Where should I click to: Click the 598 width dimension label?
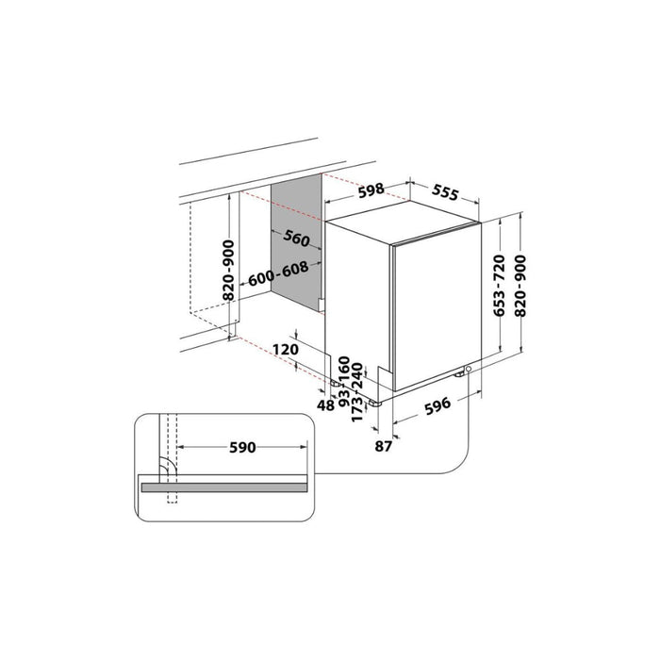click(371, 190)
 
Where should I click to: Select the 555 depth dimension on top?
click(444, 193)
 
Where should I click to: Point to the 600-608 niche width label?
click(279, 279)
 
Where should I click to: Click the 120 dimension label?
click(286, 350)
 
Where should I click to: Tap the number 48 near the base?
click(326, 404)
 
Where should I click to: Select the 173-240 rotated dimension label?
click(357, 397)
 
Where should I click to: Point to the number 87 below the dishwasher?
click(382, 446)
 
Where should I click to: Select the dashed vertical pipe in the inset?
click(170, 462)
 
